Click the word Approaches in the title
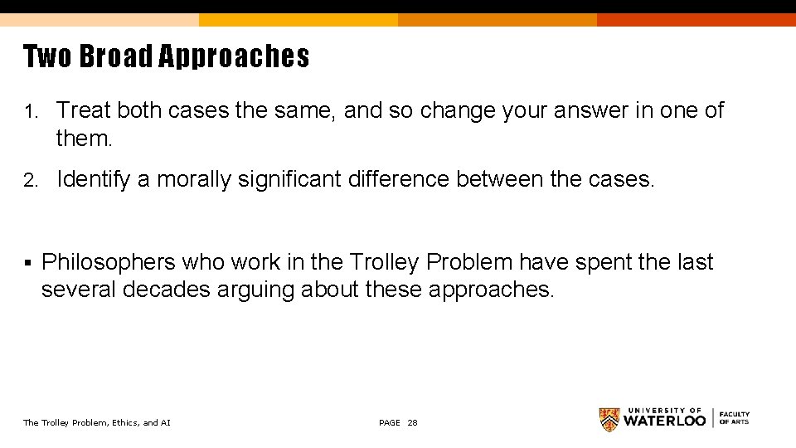[233, 57]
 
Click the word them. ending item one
[84, 139]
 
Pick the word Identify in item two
[94, 180]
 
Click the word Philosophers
[109, 263]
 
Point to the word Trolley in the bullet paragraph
[385, 263]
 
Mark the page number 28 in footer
[412, 423]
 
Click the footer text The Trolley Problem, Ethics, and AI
[97, 423]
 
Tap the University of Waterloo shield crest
[609, 420]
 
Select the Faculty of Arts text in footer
[734, 418]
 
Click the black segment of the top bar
[696, 7]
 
